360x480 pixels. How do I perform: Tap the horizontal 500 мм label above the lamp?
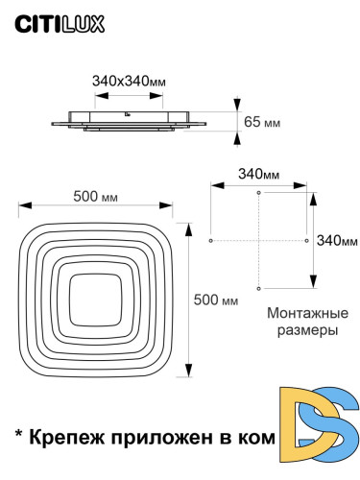point(96,197)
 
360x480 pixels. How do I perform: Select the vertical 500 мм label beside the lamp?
point(216,300)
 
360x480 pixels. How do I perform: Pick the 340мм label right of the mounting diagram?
point(337,239)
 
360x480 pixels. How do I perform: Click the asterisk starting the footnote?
point(18,434)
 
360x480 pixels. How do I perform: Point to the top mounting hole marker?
point(258,193)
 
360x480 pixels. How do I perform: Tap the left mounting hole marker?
point(210,240)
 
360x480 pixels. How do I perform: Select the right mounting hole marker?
point(306,240)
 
